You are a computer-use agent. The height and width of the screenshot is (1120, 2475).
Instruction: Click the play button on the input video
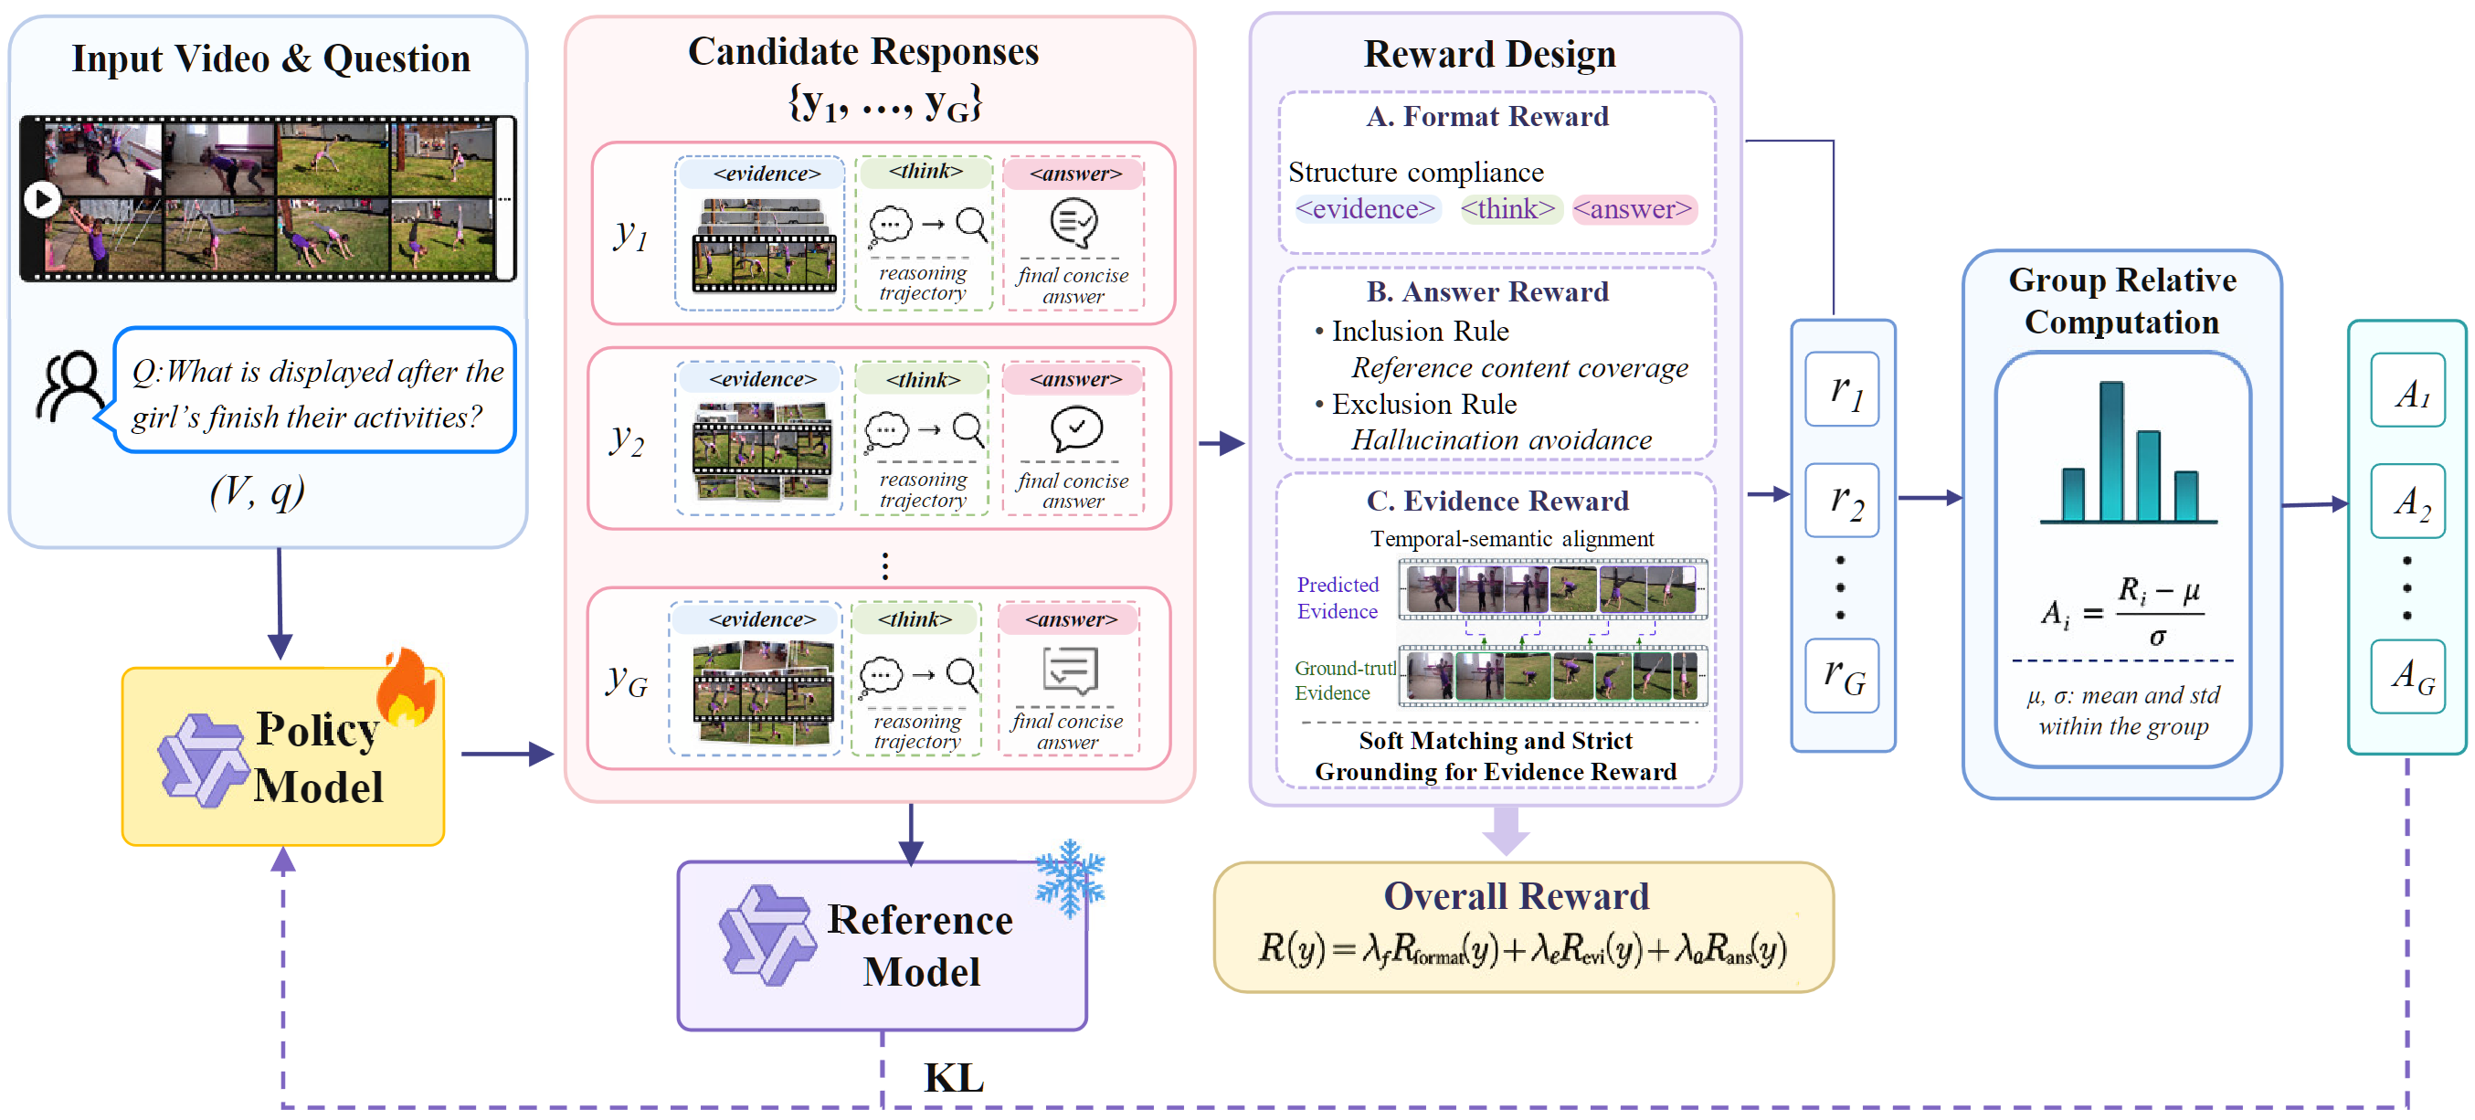pyautogui.click(x=41, y=200)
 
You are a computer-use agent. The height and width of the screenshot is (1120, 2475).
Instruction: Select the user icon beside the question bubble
pyautogui.click(x=69, y=386)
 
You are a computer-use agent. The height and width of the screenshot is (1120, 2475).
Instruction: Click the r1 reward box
pyautogui.click(x=1842, y=389)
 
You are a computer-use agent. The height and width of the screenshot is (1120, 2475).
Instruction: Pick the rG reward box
pyautogui.click(x=1842, y=675)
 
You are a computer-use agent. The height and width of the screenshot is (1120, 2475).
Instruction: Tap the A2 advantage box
pyautogui.click(x=2407, y=502)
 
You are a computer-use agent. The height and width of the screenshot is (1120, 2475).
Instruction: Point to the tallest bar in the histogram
pyautogui.click(x=2111, y=450)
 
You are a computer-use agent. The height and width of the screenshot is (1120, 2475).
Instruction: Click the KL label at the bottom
pyautogui.click(x=954, y=1078)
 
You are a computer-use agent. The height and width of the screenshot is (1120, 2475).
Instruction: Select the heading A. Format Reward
pyautogui.click(x=1487, y=116)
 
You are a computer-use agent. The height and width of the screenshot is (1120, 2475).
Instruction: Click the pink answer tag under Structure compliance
pyautogui.click(x=1634, y=208)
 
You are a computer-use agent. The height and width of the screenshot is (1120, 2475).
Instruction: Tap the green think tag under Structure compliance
pyautogui.click(x=1508, y=208)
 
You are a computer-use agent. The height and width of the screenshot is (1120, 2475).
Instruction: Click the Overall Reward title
pyautogui.click(x=1516, y=895)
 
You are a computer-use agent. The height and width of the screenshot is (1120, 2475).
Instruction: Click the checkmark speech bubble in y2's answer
pyautogui.click(x=1076, y=429)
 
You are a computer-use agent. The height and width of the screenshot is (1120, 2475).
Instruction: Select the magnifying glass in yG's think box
pyautogui.click(x=963, y=674)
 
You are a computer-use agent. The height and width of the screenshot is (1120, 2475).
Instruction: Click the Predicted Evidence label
pyautogui.click(x=1338, y=597)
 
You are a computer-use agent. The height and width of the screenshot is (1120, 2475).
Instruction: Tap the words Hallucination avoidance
pyautogui.click(x=1501, y=440)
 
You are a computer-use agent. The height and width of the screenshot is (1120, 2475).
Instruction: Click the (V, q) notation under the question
pyautogui.click(x=258, y=491)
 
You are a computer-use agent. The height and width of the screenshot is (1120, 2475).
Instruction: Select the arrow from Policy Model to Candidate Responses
pyautogui.click(x=507, y=754)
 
